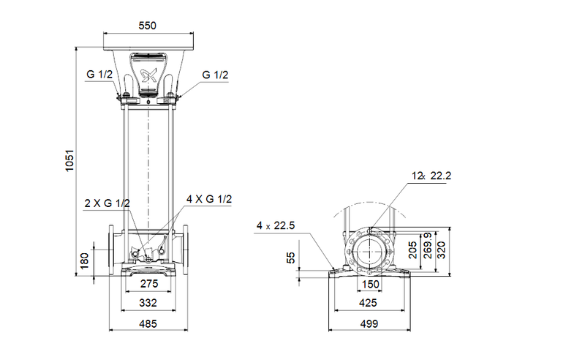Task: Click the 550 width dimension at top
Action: tap(148, 26)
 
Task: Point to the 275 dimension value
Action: tap(148, 282)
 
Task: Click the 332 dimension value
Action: tap(148, 301)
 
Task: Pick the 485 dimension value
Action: tap(148, 323)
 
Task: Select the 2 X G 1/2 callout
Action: tap(107, 203)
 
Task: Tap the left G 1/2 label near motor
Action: tap(99, 75)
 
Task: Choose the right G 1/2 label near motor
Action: tap(216, 75)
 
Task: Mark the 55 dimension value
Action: tap(291, 258)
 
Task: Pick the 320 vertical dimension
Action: tap(441, 251)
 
